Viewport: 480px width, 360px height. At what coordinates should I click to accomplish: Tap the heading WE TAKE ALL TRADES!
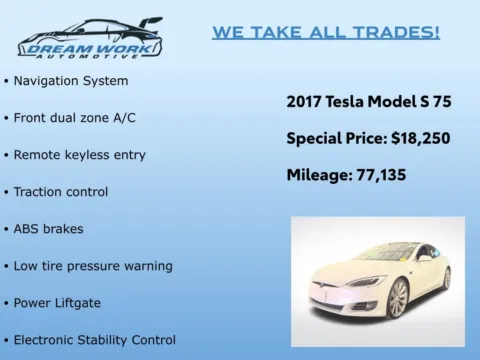326,32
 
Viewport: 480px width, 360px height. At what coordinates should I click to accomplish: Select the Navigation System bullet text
71,80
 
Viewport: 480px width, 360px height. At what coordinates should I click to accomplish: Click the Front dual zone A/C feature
75,117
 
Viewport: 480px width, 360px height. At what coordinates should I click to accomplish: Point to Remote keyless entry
80,154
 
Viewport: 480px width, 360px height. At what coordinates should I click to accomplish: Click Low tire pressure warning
93,265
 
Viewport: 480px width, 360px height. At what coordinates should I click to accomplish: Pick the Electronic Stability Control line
95,339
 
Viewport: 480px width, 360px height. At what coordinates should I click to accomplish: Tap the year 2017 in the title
304,101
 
